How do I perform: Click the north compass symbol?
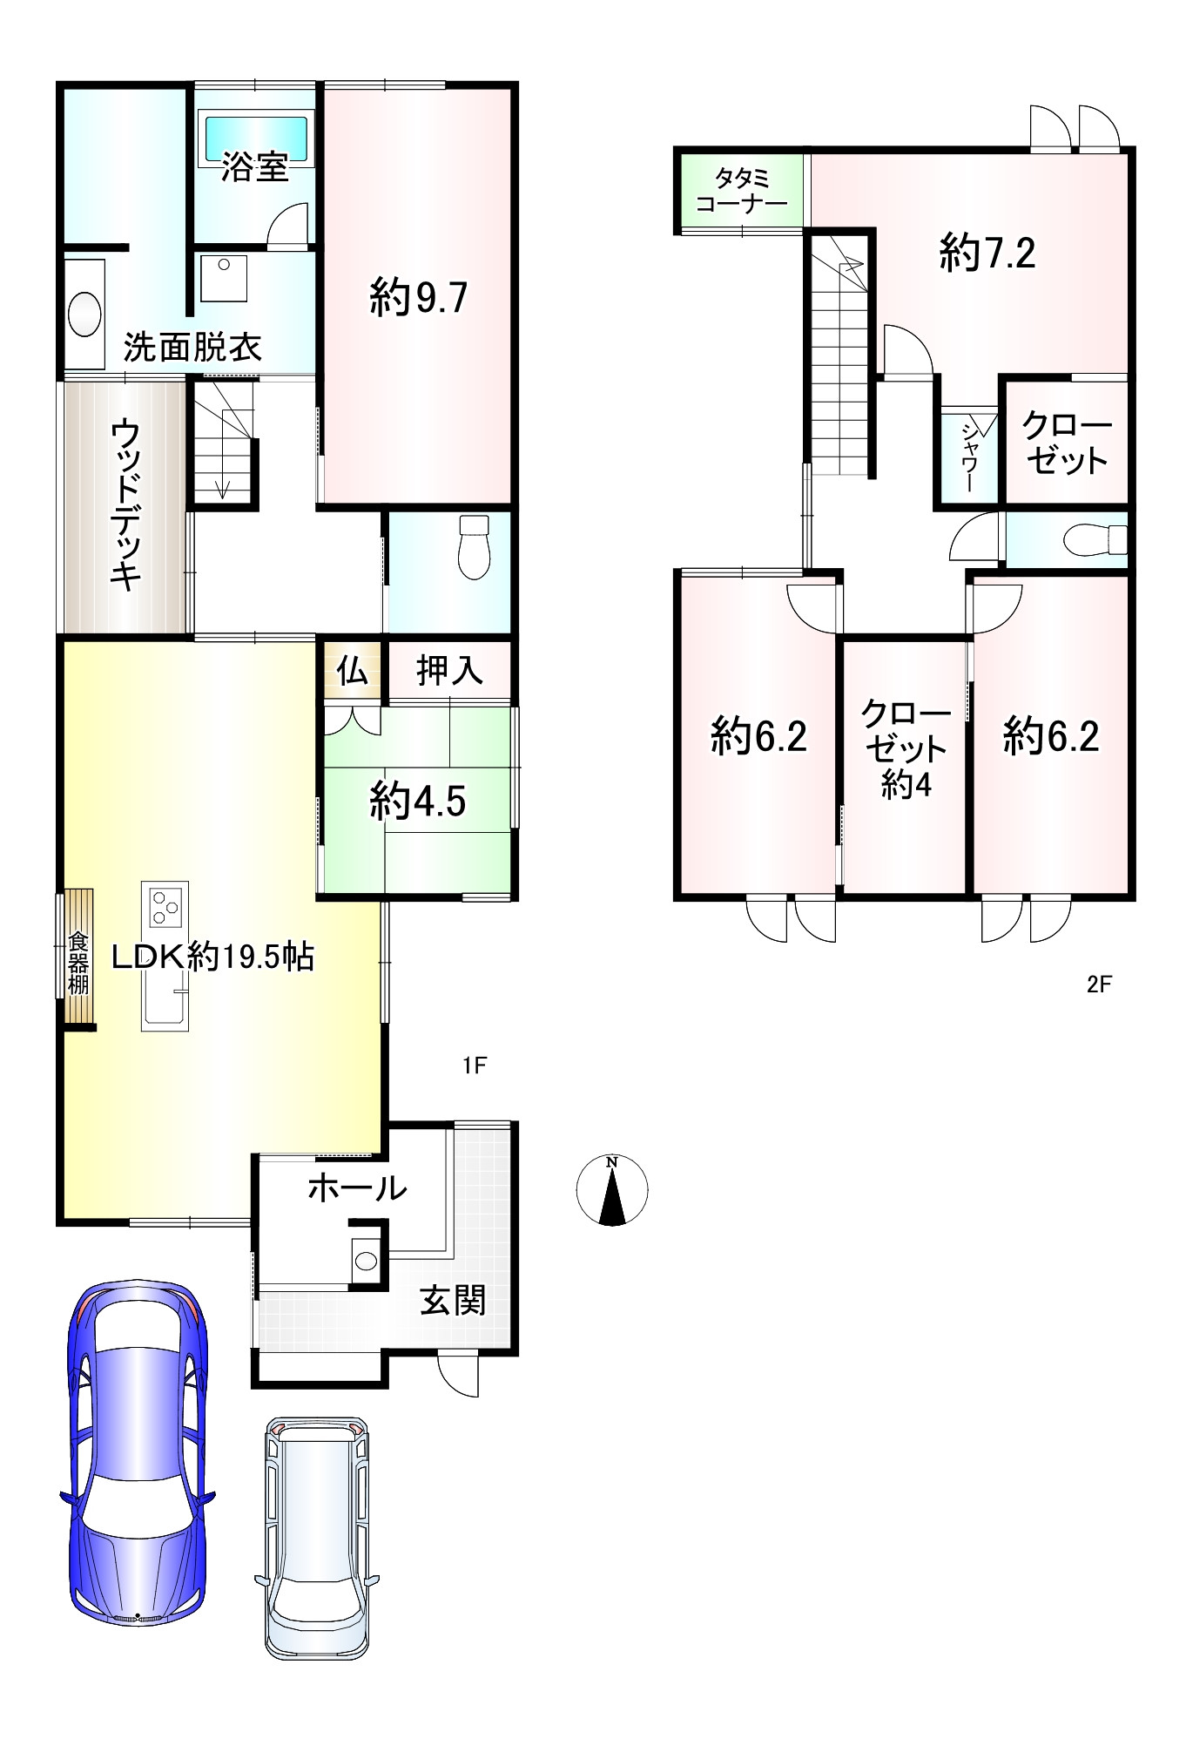[612, 1190]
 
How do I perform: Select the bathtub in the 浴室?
[257, 136]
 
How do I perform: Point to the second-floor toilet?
[1095, 538]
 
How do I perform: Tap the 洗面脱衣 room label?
[192, 348]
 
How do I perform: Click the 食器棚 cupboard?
[78, 959]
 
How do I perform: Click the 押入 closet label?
[449, 670]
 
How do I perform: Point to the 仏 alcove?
[353, 670]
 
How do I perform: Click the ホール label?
[358, 1188]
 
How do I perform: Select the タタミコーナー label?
[742, 192]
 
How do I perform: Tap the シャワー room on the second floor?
[969, 456]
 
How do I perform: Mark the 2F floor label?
[1100, 985]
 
